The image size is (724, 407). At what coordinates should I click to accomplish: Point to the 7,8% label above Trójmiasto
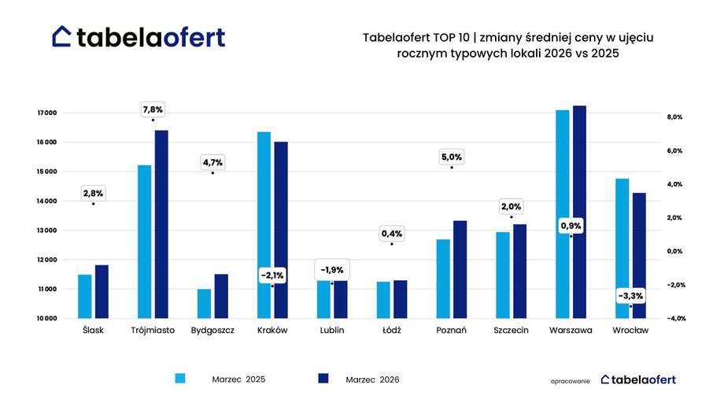point(153,109)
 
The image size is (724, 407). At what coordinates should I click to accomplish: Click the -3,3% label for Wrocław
point(630,296)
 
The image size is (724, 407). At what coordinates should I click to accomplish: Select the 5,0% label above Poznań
point(452,157)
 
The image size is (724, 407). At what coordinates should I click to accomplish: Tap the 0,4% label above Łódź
point(391,234)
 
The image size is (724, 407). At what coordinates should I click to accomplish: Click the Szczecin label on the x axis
point(511,331)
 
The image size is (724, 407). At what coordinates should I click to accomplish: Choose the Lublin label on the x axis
point(331,331)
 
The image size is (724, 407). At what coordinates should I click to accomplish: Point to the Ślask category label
point(93,331)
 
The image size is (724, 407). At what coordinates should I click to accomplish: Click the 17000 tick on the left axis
point(47,113)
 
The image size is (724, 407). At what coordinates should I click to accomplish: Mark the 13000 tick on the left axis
point(47,231)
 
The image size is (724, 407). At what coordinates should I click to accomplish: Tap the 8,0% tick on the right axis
point(674,117)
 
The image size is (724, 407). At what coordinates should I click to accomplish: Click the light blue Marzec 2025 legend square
point(180,379)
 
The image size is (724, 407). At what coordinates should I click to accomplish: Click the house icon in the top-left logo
point(62,36)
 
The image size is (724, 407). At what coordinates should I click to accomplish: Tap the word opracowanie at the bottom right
point(571,380)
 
